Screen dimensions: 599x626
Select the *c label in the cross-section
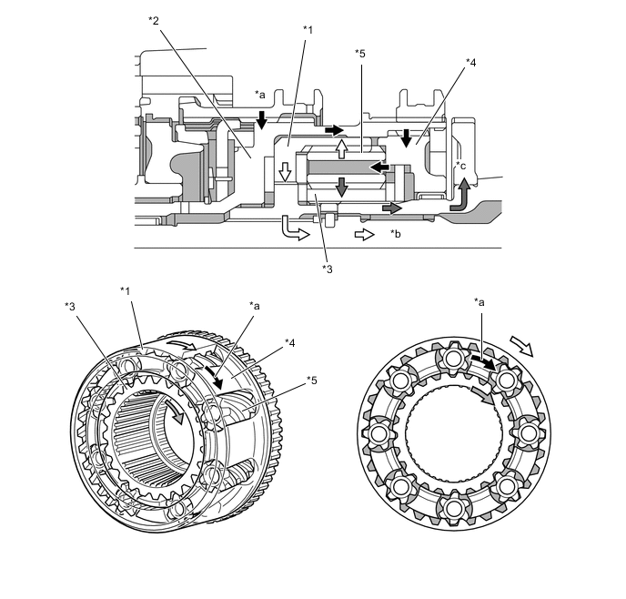pyautogui.click(x=461, y=166)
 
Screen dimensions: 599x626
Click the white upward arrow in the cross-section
pyautogui.click(x=342, y=147)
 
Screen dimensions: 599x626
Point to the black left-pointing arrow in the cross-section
pyautogui.click(x=379, y=167)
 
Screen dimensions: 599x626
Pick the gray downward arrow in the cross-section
pyautogui.click(x=341, y=188)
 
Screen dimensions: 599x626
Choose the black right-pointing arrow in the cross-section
pyautogui.click(x=334, y=130)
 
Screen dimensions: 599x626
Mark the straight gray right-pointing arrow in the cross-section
pyautogui.click(x=391, y=208)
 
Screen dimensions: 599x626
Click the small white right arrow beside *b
pyautogui.click(x=362, y=234)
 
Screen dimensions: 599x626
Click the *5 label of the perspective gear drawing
pyautogui.click(x=311, y=380)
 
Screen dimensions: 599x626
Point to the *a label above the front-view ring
pyautogui.click(x=479, y=301)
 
